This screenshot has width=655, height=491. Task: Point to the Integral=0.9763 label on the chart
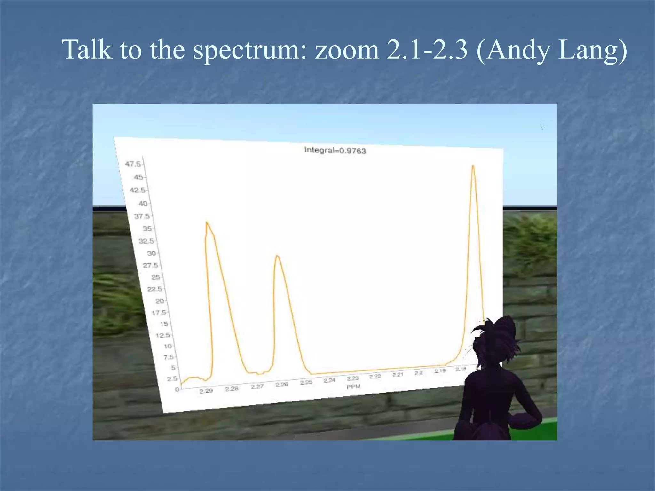[335, 150]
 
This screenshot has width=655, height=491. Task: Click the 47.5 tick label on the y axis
[133, 164]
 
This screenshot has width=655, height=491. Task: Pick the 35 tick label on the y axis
[147, 229]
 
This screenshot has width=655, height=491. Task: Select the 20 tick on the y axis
[160, 301]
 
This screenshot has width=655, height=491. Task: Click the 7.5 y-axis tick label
[169, 357]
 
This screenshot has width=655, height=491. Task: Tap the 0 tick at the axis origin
[177, 389]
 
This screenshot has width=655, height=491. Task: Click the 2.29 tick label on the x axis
[206, 391]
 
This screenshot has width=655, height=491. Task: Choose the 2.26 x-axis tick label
[282, 384]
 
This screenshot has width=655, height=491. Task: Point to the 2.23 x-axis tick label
[353, 378]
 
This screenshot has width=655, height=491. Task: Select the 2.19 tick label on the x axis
[440, 371]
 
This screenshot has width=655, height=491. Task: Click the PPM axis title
[353, 386]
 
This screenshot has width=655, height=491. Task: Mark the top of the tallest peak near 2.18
[473, 166]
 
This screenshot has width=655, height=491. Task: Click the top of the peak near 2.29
[207, 222]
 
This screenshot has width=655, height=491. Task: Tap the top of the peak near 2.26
[277, 255]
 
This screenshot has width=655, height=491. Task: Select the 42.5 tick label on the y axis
[137, 190]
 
